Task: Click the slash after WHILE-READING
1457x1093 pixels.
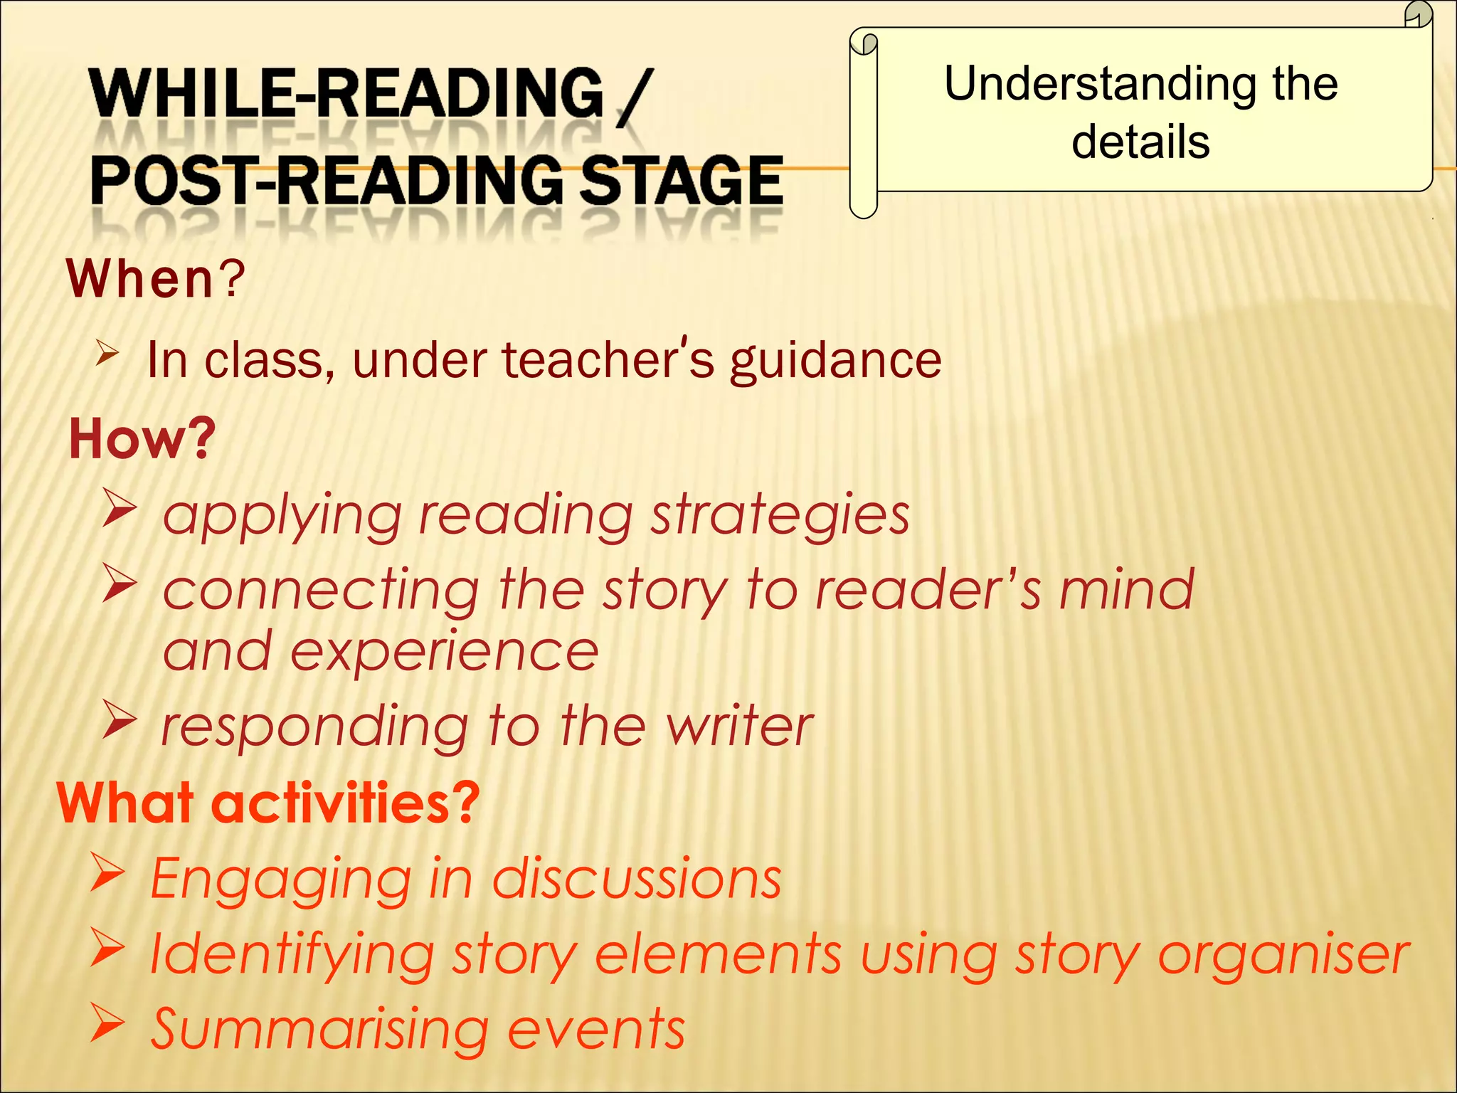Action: [x=632, y=98]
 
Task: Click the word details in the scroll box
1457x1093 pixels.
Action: [x=1140, y=142]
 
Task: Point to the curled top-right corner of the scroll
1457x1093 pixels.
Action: [x=1418, y=14]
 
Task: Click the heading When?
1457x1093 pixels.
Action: [x=155, y=278]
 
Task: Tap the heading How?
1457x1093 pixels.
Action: [x=142, y=438]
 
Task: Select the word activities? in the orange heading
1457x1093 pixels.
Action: [x=346, y=803]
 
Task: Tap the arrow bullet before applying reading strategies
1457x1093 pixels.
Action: [x=118, y=507]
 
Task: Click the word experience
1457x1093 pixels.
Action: [x=444, y=652]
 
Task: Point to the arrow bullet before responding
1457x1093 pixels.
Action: [x=118, y=719]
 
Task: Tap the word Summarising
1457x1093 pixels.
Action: [x=319, y=1030]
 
